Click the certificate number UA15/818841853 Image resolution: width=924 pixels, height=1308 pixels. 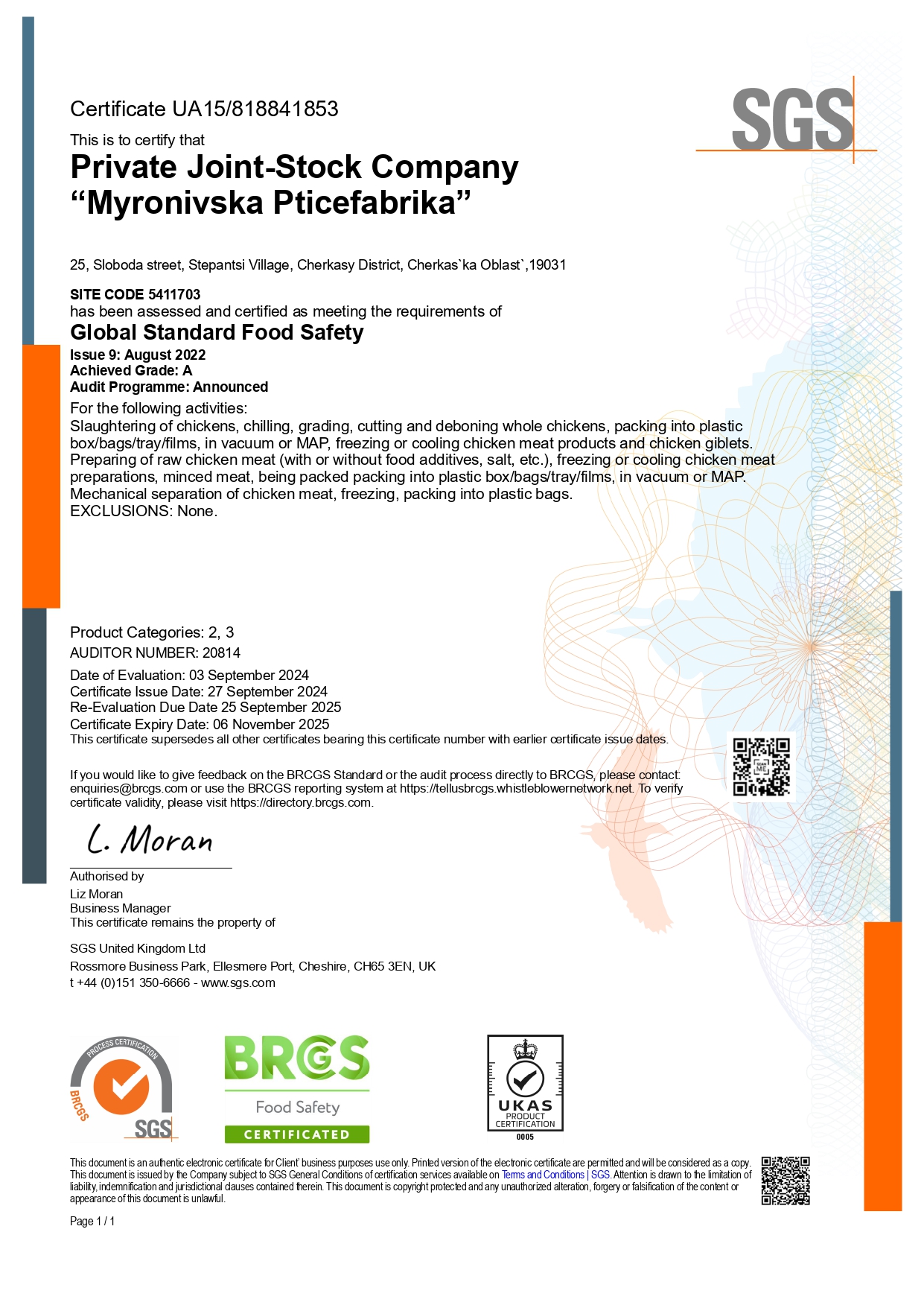click(x=255, y=109)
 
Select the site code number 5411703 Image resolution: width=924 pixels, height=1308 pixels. click(x=174, y=294)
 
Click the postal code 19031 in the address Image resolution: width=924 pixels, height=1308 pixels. click(x=548, y=265)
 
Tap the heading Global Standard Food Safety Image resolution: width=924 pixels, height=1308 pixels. click(x=217, y=332)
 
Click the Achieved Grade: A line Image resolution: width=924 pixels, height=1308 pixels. click(x=131, y=371)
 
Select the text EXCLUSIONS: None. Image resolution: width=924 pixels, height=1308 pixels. click(x=144, y=511)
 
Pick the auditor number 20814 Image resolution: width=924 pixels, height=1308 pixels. click(x=221, y=653)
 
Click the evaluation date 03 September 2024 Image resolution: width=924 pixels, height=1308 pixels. click(x=249, y=676)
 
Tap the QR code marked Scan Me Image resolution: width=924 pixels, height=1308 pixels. click(x=761, y=767)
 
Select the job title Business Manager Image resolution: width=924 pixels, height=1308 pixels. click(x=121, y=909)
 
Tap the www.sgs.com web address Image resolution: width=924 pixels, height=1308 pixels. click(x=238, y=983)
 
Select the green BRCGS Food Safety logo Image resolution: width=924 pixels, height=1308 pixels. click(x=297, y=1088)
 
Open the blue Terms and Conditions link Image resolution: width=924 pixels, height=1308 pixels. click(x=543, y=1175)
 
